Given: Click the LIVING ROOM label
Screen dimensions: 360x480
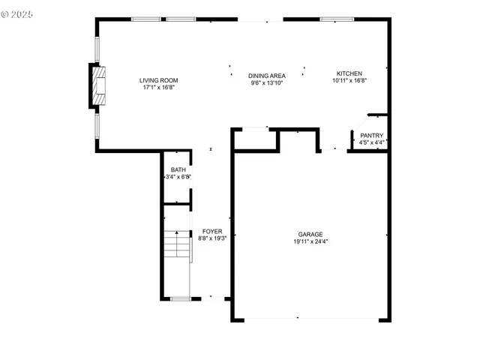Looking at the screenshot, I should click(x=158, y=80).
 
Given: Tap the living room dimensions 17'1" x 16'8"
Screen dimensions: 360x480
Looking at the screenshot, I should click(x=158, y=88).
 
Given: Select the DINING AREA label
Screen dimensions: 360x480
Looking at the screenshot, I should click(x=267, y=76).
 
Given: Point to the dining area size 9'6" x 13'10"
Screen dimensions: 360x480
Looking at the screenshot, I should click(x=267, y=83).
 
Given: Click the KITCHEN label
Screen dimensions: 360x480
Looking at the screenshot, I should click(x=349, y=73).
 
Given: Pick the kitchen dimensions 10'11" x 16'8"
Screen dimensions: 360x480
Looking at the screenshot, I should click(x=349, y=81).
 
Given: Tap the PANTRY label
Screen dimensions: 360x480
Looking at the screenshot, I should click(x=371, y=136).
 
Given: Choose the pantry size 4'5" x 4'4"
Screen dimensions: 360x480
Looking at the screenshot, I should click(x=371, y=142).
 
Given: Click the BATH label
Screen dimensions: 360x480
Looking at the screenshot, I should click(x=178, y=170).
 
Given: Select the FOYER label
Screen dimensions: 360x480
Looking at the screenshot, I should click(x=212, y=231).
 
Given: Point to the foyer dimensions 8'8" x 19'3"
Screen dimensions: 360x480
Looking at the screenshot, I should click(x=212, y=238).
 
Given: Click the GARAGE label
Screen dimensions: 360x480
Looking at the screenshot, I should click(x=310, y=234).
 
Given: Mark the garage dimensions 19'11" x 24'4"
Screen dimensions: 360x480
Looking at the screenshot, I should click(x=310, y=241).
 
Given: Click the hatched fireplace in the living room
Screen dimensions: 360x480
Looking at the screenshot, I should click(x=98, y=87).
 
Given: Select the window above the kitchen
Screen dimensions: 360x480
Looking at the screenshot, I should click(x=332, y=19).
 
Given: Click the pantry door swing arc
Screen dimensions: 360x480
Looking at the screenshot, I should click(x=359, y=124).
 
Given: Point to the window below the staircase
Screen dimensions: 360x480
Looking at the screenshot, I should click(x=180, y=299).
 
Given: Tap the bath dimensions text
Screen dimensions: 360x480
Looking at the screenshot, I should click(x=178, y=178).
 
